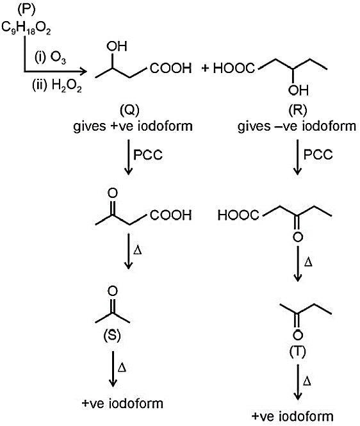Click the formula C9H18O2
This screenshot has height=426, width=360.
[26, 28]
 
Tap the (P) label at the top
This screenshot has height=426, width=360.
[26, 10]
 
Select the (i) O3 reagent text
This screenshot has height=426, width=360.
[50, 58]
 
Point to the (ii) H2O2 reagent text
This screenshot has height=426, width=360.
[57, 86]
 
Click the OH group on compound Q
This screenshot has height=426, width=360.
[117, 47]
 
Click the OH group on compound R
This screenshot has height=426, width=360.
[299, 90]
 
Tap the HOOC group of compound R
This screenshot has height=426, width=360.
[234, 68]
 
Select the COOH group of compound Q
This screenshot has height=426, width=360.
[171, 68]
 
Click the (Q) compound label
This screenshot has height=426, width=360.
[129, 110]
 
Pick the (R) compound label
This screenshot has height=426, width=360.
[298, 110]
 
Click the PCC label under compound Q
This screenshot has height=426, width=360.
[148, 155]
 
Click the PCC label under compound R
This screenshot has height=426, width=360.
[318, 154]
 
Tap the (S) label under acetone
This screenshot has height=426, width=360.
[112, 336]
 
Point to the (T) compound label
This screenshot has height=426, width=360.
[298, 352]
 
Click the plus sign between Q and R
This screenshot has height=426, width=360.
[205, 68]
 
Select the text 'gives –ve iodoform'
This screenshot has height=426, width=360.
[297, 126]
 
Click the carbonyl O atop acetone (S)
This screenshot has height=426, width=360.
[113, 291]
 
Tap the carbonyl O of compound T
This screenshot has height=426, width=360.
[298, 334]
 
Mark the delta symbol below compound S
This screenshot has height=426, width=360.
[122, 368]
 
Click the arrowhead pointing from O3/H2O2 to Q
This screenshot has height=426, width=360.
[83, 72]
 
